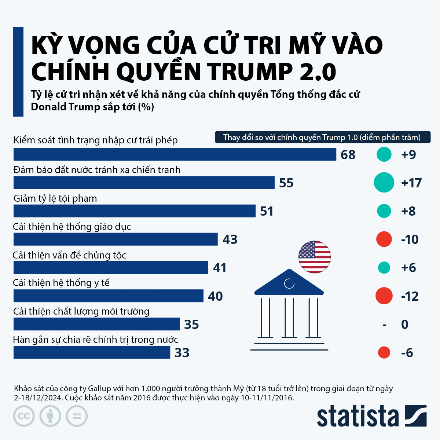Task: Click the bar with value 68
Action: tap(175, 154)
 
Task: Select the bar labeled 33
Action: tap(92, 353)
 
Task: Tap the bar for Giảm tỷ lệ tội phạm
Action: tap(134, 211)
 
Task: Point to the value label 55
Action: tap(286, 183)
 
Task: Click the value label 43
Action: tap(230, 239)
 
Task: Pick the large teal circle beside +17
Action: tap(384, 183)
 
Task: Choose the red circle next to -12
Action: tap(384, 296)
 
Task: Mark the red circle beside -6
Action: tap(384, 353)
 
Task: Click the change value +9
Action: tap(408, 155)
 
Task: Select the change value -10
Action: tap(410, 239)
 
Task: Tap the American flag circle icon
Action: tap(315, 257)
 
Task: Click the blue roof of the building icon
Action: tap(289, 283)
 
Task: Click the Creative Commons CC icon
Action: tap(24, 416)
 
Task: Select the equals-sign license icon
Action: tap(77, 416)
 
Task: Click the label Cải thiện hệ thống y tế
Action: tap(61, 283)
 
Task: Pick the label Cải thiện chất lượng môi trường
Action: tap(81, 311)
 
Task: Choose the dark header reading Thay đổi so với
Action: tap(322, 137)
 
